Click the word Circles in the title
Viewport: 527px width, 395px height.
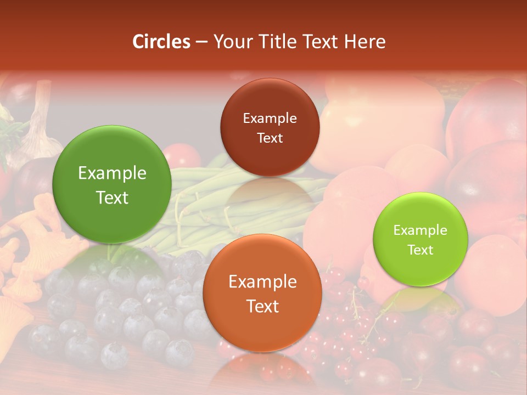coord(161,42)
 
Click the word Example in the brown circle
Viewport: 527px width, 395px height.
coord(270,119)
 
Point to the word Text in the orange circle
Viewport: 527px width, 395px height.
coord(262,306)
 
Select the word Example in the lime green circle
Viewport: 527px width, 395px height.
coord(421,230)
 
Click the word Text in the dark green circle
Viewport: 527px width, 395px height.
coord(112,198)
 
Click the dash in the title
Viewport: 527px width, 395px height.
coord(201,42)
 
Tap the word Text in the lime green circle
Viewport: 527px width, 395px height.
coord(421,250)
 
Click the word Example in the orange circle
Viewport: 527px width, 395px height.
coord(262,282)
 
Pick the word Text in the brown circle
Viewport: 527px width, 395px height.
coord(270,138)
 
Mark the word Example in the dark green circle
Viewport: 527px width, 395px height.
coord(112,173)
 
